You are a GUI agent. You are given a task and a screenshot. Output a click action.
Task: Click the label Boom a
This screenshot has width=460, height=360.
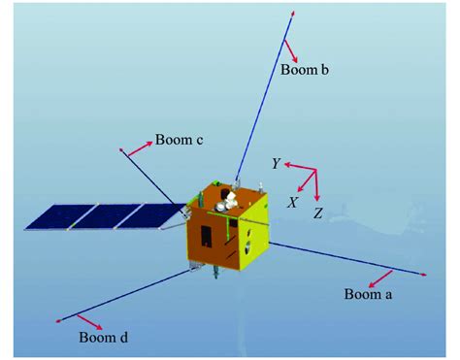[368, 293]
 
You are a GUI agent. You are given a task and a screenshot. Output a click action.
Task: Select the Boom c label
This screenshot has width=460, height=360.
[179, 141]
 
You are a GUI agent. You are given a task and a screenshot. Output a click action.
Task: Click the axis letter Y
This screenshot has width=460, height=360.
[276, 165]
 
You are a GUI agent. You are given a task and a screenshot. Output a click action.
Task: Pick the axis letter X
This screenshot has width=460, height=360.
[292, 202]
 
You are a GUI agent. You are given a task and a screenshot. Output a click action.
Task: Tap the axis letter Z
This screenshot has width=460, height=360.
[317, 212]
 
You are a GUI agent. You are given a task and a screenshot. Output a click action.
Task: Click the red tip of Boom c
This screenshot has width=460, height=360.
[120, 150]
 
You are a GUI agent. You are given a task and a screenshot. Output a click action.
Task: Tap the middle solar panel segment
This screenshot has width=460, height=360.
[98, 215]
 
